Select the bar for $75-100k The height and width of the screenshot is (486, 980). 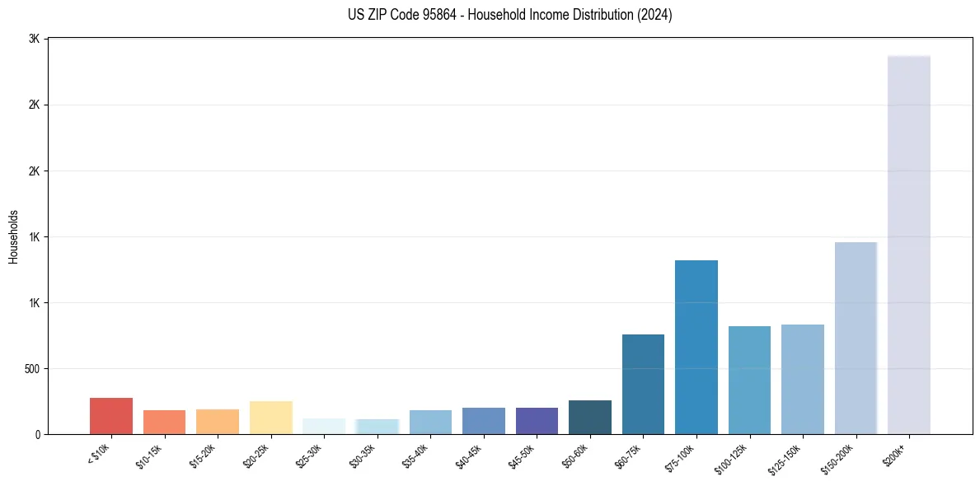(696, 347)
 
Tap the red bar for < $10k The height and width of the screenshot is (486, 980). (111, 416)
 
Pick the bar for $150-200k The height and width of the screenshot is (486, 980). (856, 338)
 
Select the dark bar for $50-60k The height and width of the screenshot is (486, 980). (589, 417)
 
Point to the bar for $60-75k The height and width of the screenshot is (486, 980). (643, 384)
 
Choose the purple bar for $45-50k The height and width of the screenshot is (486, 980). (537, 421)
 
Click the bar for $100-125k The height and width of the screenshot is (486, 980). (749, 380)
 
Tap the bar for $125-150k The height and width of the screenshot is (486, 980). (802, 379)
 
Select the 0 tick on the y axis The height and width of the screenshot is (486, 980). (38, 434)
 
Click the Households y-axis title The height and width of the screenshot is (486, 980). (13, 236)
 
